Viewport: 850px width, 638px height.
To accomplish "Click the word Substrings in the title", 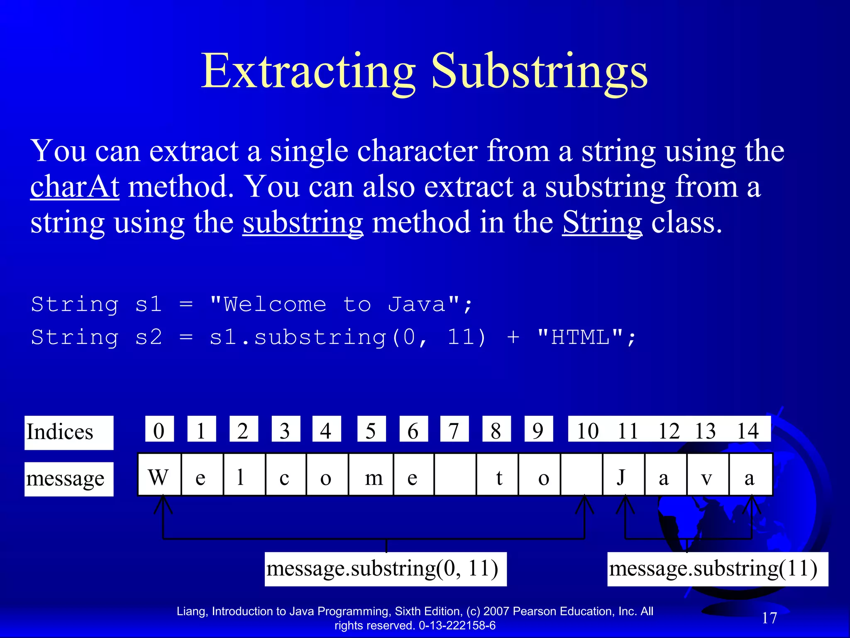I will [540, 71].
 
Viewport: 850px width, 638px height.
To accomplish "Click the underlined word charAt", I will [75, 187].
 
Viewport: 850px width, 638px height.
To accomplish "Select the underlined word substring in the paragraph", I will [303, 223].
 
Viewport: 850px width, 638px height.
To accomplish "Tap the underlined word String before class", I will [602, 223].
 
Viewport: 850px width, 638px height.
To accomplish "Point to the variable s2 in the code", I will [149, 337].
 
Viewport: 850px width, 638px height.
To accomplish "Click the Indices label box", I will [69, 432].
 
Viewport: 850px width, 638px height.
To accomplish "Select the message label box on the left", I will [69, 479].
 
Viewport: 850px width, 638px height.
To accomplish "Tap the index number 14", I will [748, 430].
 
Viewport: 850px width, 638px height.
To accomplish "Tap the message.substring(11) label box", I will [718, 569].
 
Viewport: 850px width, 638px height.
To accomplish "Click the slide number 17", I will [769, 618].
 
